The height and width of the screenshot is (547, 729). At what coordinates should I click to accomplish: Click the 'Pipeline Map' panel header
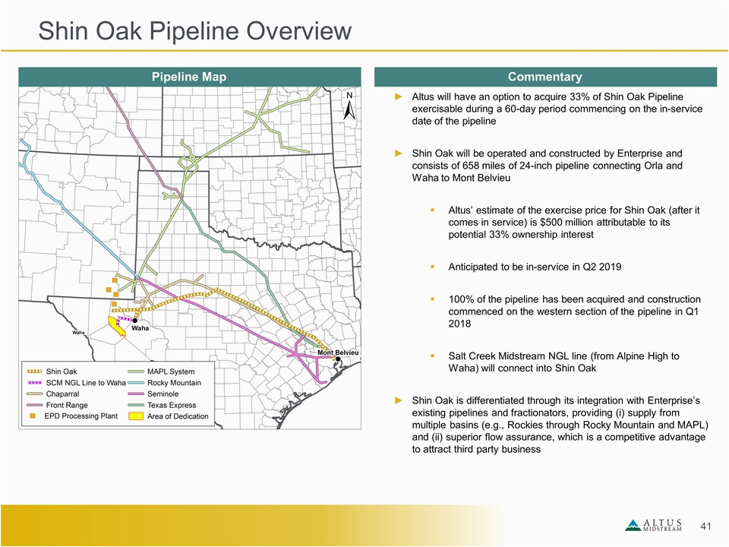pos(189,77)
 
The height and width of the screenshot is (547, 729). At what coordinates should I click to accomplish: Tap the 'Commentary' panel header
pos(545,77)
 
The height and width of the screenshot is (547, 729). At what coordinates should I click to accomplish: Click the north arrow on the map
pos(349,106)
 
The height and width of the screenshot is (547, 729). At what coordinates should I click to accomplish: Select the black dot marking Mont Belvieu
pos(338,359)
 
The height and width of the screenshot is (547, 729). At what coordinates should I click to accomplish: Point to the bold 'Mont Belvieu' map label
pos(338,353)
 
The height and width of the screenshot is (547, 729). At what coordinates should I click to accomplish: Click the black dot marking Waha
pos(135,321)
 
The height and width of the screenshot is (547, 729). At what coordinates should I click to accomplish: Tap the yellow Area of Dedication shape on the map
pos(115,326)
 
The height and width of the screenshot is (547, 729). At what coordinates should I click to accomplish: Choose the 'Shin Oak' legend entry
pos(52,372)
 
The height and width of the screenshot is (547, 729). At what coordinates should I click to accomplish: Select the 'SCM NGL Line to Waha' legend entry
pos(76,383)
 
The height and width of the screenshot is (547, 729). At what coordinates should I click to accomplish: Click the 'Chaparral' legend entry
pos(53,394)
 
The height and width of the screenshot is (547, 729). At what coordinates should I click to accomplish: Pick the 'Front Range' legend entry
pos(57,405)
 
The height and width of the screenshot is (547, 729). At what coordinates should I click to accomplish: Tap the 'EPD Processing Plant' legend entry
pos(74,416)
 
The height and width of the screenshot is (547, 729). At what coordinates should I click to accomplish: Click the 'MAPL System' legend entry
pos(161,372)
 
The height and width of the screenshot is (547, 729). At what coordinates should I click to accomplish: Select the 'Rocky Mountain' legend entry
pos(165,383)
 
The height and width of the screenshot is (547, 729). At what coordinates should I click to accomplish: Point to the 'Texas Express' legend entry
pos(162,405)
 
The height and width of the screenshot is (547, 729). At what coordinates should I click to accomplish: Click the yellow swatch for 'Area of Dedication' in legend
pos(136,416)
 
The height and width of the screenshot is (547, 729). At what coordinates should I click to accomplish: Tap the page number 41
pos(705,526)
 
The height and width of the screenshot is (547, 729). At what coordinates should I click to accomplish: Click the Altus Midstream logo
pos(654,525)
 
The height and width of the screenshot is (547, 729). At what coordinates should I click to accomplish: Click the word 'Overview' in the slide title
pos(298,30)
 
